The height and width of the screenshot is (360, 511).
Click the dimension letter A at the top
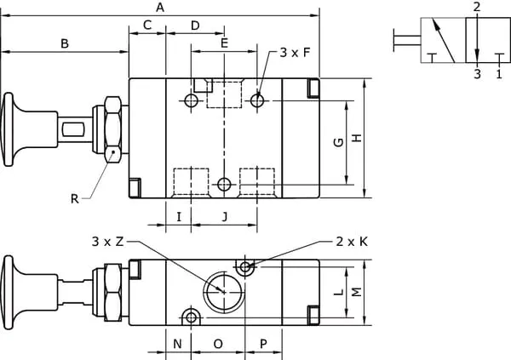coord(160,7)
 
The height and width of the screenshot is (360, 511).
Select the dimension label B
coord(65,43)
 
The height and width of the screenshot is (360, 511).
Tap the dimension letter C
coord(146,26)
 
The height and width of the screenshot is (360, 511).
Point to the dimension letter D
coord(195,26)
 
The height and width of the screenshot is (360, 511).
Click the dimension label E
coord(224,43)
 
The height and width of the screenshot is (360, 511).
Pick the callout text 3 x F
coord(295,53)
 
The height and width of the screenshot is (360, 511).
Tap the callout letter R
coord(75,199)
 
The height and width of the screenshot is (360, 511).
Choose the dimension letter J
coord(224,216)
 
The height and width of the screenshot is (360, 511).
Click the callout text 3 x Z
coord(108,242)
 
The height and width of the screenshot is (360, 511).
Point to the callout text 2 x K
coord(352,242)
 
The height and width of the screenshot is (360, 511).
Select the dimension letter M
coord(357,292)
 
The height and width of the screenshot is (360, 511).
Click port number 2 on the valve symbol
coord(477,7)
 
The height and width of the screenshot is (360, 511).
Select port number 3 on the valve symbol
coord(477,74)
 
